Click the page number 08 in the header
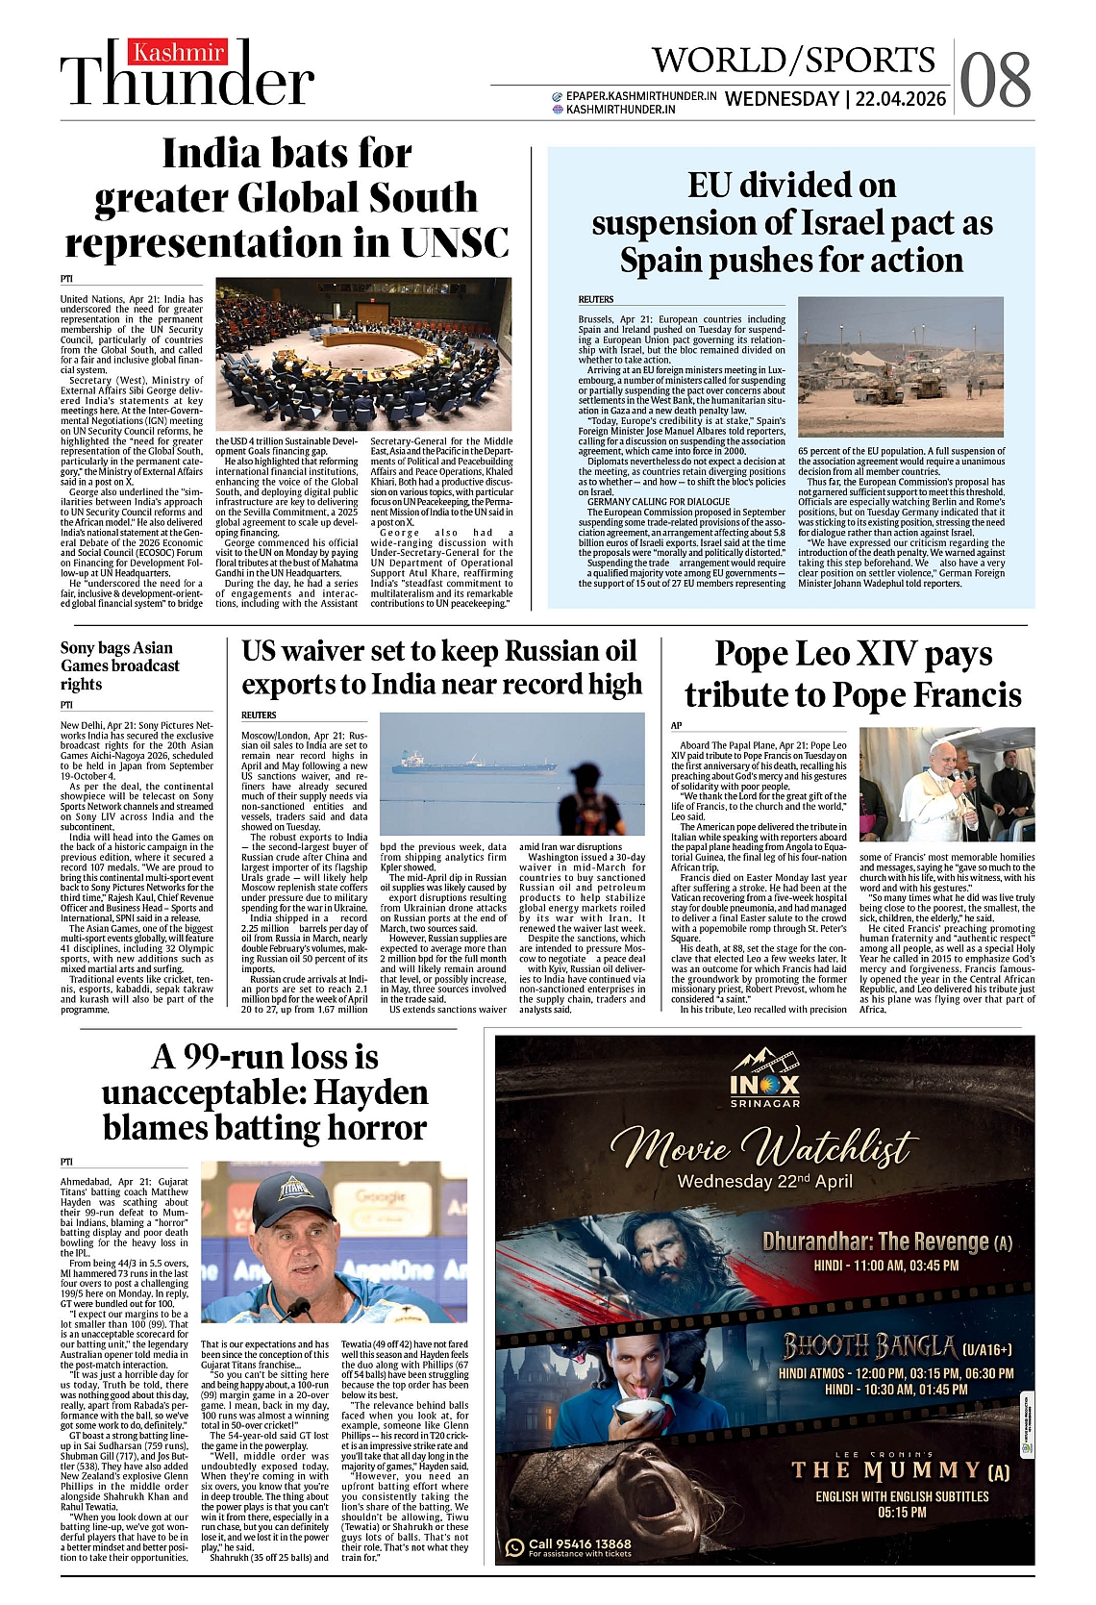point(995,81)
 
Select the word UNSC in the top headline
point(455,242)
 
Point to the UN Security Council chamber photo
point(363,356)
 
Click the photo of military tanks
point(900,368)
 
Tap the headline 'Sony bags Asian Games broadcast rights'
point(120,665)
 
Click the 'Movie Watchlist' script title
point(764,1147)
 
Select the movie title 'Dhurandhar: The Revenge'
point(876,1241)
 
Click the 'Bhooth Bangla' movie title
point(869,1345)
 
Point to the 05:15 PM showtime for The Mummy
point(902,1512)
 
